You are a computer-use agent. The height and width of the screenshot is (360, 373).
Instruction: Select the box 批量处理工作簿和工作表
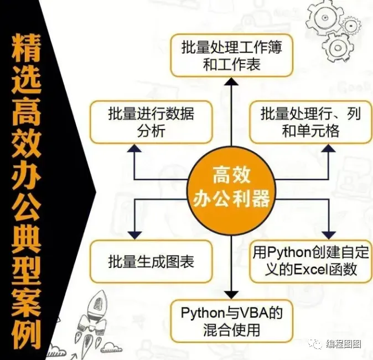click(x=231, y=56)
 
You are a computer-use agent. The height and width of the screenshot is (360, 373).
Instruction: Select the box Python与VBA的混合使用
click(x=231, y=321)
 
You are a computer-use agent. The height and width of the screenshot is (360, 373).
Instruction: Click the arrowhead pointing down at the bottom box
click(x=232, y=294)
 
